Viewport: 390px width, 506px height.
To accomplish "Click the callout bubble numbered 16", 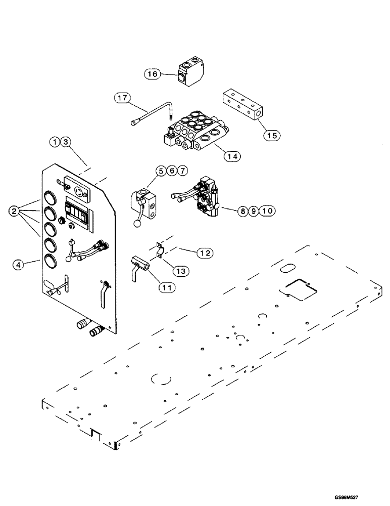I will [152, 74].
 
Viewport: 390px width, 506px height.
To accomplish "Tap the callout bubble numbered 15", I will [272, 136].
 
